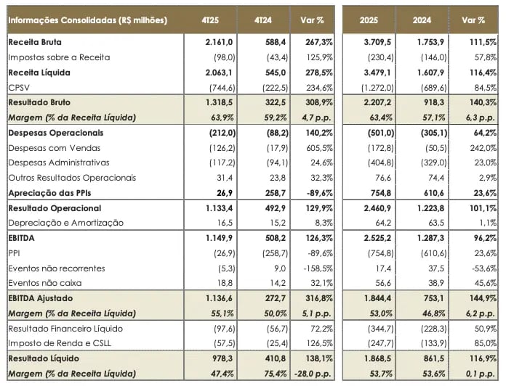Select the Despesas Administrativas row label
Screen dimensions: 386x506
click(59, 163)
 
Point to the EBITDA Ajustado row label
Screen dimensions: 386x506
click(43, 298)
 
